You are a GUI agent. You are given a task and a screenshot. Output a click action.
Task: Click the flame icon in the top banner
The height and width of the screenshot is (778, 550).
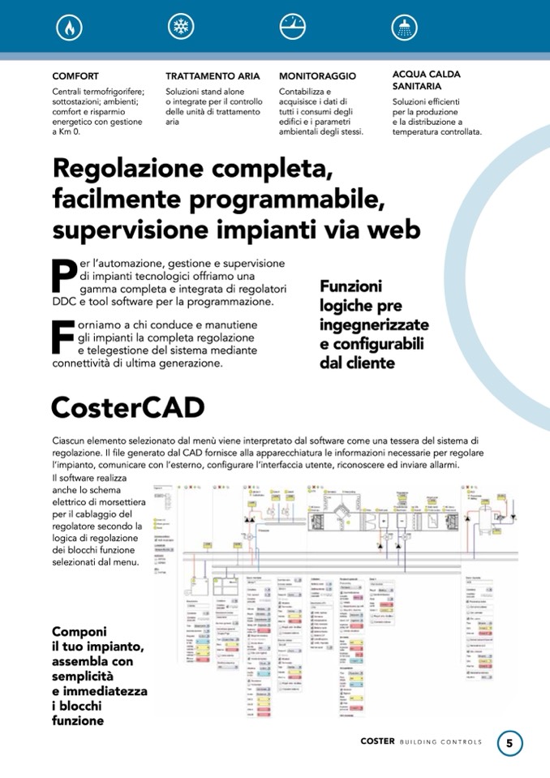point(69,27)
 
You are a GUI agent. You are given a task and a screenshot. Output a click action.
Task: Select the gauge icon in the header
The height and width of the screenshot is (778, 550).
point(291,27)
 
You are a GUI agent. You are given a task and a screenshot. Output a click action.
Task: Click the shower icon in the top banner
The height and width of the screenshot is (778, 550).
point(402,27)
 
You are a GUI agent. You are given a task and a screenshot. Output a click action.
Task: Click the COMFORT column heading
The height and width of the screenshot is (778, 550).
point(75,76)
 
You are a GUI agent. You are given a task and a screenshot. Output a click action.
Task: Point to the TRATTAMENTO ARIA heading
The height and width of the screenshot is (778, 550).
point(213,76)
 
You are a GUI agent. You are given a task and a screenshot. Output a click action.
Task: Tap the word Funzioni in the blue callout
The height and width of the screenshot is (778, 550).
point(350,286)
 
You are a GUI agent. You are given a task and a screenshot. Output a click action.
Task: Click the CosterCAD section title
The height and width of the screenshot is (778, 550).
point(127,407)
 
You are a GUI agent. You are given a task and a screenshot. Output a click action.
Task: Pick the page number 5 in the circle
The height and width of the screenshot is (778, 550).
point(509,742)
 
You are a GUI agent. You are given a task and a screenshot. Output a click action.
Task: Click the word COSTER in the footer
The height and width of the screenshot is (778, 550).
point(377,742)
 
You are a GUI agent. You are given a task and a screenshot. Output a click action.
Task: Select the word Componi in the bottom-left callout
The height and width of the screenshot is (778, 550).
point(80,631)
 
